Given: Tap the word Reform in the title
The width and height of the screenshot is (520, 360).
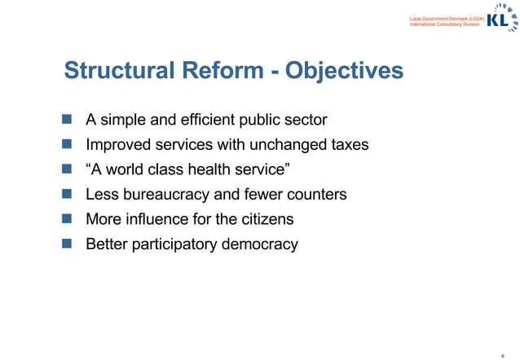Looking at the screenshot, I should pyautogui.click(x=223, y=71).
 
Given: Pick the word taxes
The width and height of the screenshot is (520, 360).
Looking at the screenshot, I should pyautogui.click(x=346, y=145).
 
